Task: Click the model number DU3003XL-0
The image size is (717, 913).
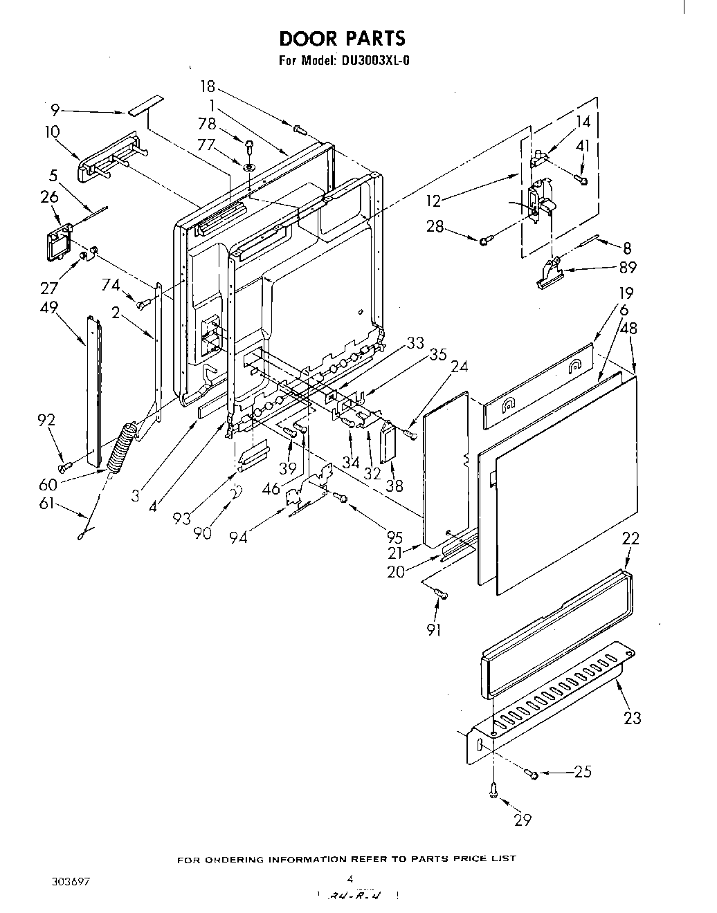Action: tap(374, 60)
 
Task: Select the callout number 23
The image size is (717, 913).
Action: tap(632, 717)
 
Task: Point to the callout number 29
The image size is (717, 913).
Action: tap(523, 820)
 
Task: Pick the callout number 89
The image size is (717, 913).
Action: tap(627, 268)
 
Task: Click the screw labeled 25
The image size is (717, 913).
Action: tap(533, 773)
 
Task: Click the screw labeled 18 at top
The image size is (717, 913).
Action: tap(300, 127)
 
